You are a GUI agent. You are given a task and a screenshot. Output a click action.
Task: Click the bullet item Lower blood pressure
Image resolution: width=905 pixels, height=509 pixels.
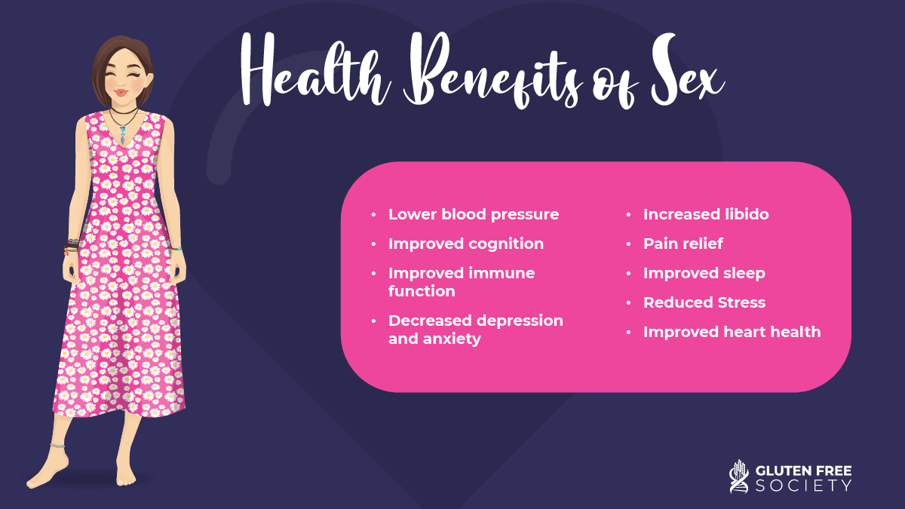474,214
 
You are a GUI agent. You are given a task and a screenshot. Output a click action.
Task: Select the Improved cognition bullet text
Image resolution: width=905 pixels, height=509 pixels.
466,244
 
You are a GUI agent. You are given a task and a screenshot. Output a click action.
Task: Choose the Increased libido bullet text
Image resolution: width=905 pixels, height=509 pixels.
706,214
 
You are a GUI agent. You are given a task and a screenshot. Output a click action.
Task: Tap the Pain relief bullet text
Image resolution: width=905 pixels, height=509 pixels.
683,244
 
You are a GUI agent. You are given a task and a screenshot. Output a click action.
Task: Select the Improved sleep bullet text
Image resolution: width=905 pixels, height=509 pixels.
704,274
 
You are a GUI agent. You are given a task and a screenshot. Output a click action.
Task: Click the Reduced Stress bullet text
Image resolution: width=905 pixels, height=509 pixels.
704,302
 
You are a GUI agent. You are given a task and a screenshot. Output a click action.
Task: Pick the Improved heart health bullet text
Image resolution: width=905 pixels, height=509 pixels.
732,332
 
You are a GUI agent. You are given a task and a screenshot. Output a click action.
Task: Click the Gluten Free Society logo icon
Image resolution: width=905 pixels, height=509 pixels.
739,477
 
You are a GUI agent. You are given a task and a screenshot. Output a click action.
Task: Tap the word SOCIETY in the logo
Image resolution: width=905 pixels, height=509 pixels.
804,486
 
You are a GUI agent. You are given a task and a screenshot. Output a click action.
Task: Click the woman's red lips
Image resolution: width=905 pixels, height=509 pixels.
121,93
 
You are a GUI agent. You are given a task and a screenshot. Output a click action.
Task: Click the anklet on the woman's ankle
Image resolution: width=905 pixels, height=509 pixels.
57,446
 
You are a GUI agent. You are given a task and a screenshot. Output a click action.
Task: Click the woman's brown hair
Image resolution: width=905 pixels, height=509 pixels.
121,57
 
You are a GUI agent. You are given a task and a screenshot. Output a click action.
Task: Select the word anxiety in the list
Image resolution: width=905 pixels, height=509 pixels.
452,339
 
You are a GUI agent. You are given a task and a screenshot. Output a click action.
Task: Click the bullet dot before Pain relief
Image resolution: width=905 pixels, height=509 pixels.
629,244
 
